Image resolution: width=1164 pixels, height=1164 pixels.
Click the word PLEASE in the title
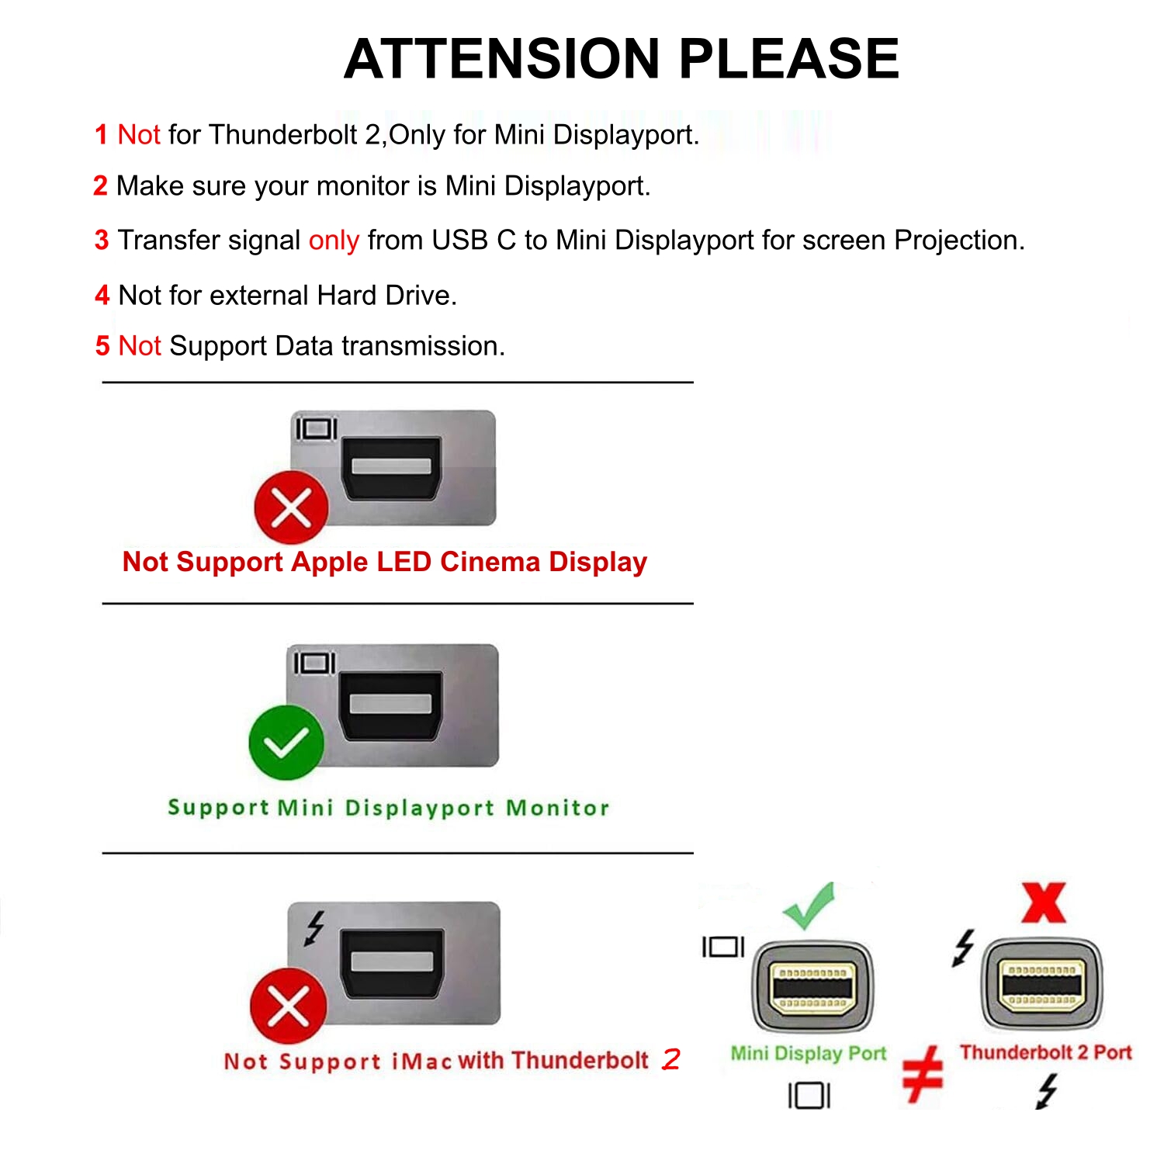coord(789,59)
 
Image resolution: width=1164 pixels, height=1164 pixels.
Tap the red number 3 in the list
coord(102,241)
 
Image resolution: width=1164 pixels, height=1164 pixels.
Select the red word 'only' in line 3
coord(334,241)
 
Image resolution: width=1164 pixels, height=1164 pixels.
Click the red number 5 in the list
coord(102,346)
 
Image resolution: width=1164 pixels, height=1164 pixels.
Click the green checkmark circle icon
coord(286,743)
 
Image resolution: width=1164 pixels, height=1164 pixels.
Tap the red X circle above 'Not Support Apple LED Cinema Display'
coord(292,508)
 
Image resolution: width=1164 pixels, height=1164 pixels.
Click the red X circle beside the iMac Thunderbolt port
coord(288,1006)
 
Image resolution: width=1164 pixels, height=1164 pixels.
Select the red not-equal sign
coord(923,1075)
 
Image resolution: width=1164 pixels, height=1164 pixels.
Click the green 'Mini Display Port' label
coord(808,1053)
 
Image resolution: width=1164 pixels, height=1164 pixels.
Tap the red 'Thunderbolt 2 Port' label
coord(1045,1052)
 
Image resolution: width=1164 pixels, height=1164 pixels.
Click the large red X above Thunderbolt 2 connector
coord(1044,902)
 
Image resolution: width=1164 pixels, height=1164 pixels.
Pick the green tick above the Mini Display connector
coord(809,906)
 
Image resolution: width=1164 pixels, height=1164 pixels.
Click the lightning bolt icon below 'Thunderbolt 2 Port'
coord(1047,1091)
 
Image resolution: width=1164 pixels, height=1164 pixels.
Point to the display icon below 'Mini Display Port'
coord(809,1096)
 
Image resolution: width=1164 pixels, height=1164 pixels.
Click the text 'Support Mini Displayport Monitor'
coord(388,808)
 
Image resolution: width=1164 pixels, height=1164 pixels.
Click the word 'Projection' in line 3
coord(959,241)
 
